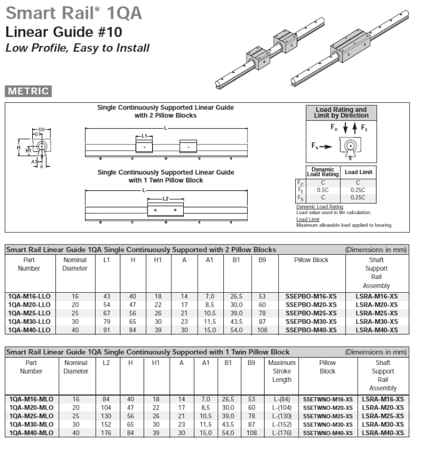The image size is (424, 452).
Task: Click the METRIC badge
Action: (x=28, y=90)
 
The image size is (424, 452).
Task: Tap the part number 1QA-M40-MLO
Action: (x=31, y=433)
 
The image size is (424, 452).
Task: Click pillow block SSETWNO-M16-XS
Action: (x=327, y=399)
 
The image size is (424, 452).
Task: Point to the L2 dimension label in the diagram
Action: (x=165, y=199)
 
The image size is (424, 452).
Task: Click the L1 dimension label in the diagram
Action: (x=144, y=136)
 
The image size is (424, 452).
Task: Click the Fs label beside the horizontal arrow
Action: (x=318, y=145)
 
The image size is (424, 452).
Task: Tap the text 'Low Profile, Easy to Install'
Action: (x=77, y=48)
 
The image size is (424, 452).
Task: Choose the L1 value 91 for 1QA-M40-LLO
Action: (x=106, y=330)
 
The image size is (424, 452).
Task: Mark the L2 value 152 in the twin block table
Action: (x=106, y=424)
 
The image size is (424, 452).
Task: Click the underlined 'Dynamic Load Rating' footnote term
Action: (x=319, y=207)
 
